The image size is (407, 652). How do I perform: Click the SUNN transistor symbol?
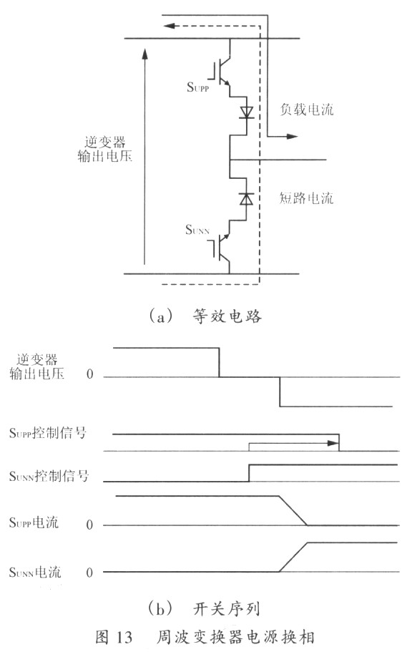[222, 248]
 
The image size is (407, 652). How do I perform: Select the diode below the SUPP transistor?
[246, 112]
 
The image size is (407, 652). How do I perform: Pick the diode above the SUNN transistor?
[246, 199]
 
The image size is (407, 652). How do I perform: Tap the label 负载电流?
[307, 110]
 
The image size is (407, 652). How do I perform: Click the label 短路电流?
[306, 198]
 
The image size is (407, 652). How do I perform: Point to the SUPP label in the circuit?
[198, 87]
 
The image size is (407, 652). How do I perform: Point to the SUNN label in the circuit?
[197, 230]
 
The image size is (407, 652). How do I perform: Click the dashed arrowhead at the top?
[170, 26]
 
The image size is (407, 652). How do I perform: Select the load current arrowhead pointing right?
[293, 136]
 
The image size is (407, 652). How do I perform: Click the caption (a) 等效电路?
[205, 316]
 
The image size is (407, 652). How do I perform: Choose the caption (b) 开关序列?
[204, 609]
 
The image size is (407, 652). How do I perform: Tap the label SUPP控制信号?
[48, 433]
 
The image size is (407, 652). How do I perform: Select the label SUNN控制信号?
[49, 475]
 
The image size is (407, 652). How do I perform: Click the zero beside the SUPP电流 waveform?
[89, 525]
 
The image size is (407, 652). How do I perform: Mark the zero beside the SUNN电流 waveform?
[89, 573]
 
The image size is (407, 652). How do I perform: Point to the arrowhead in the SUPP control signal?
[333, 443]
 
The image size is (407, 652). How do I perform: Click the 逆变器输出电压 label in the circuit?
[105, 149]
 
